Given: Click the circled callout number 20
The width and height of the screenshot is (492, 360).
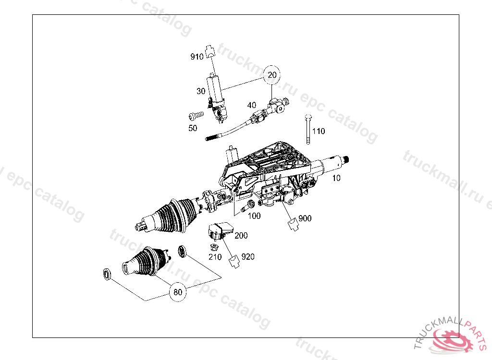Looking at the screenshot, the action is [272, 75].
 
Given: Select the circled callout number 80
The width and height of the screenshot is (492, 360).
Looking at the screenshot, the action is [178, 292].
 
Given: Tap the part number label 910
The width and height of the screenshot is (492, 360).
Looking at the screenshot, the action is [197, 57].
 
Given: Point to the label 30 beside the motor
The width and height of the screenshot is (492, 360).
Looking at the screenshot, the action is [201, 91].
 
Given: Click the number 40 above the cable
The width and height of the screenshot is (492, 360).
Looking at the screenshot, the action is [252, 106].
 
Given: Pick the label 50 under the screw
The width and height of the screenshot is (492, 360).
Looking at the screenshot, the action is [193, 128].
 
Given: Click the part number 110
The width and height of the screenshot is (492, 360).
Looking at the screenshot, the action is [319, 131].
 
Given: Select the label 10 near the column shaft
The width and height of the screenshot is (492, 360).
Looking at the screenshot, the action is [336, 178].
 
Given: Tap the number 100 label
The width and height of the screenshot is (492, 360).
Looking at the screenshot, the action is [254, 216].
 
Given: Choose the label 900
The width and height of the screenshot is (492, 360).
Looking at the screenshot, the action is [305, 218].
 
